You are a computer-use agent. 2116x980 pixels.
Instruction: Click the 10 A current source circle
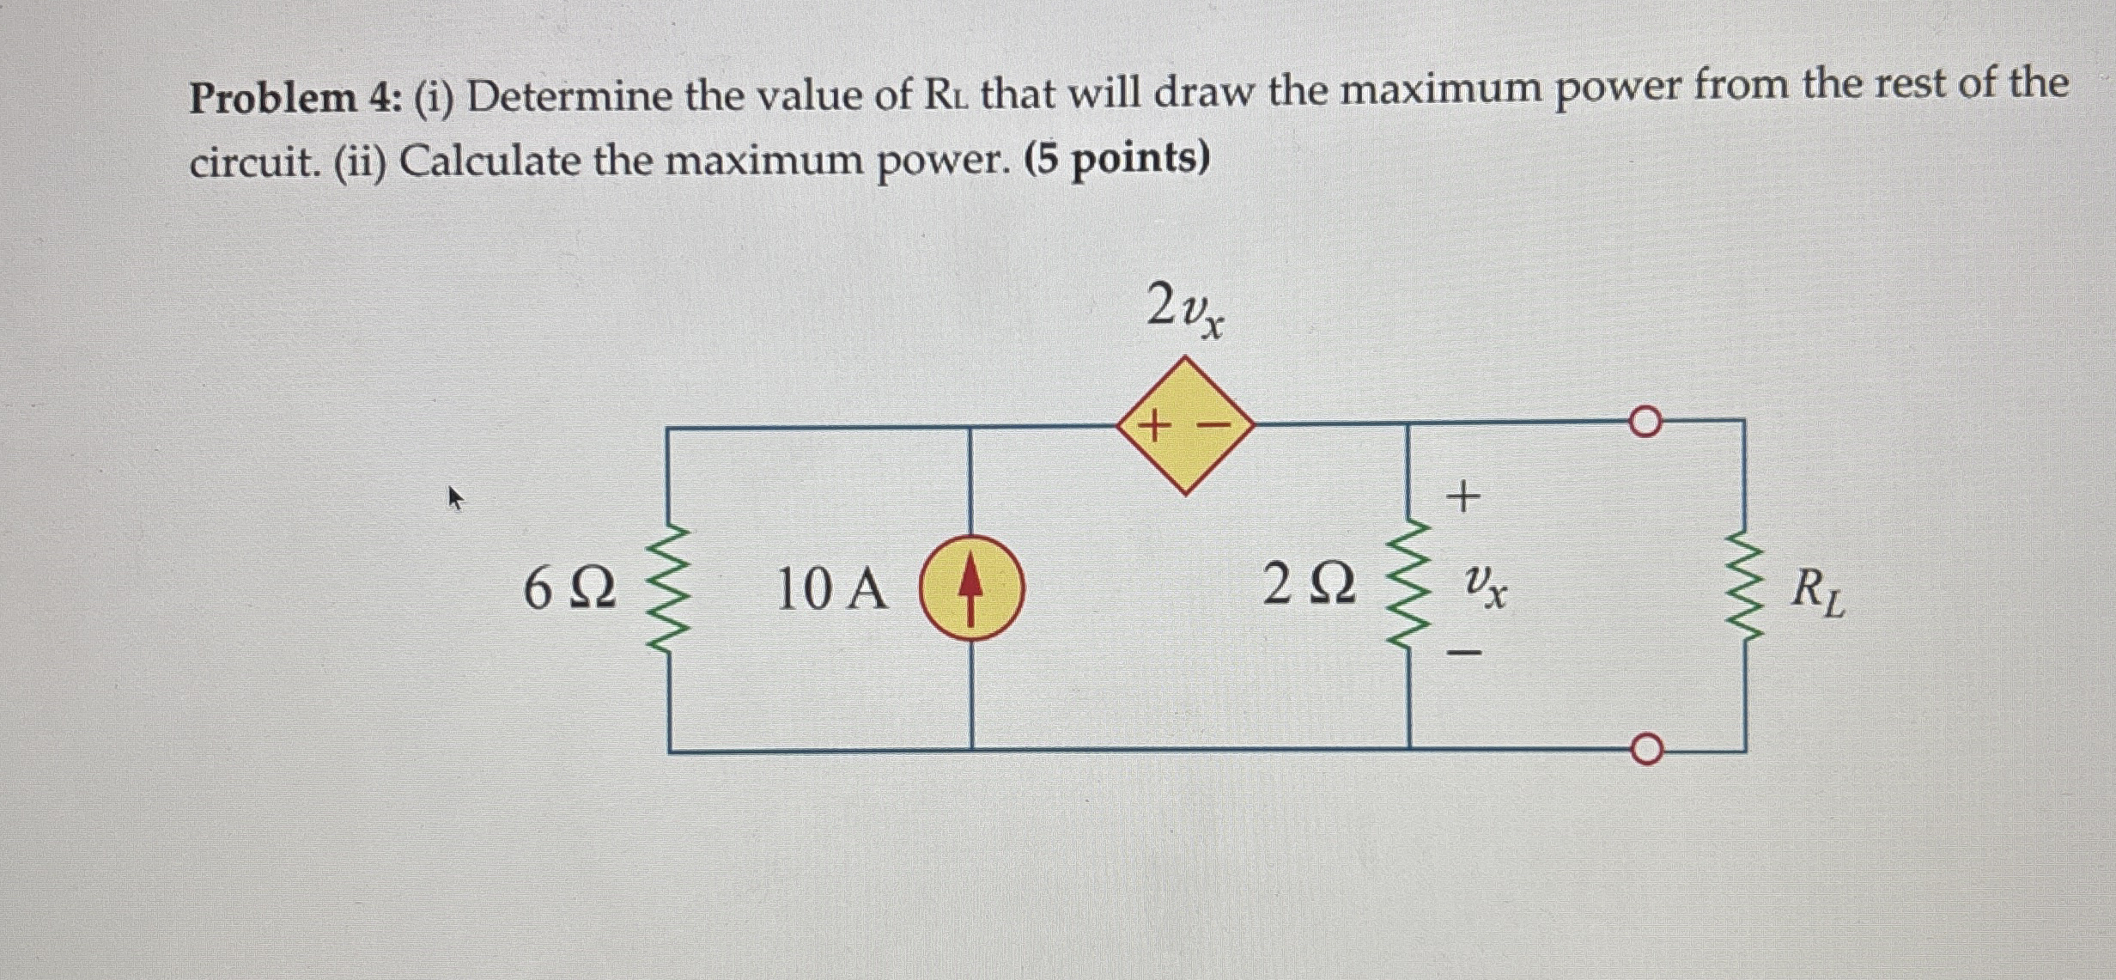(971, 587)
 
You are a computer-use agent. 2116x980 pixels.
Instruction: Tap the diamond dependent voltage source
(1185, 425)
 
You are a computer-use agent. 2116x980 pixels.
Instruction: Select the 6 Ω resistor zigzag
(672, 591)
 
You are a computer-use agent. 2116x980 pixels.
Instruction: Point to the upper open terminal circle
(1644, 423)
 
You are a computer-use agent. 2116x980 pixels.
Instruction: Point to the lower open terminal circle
(1644, 749)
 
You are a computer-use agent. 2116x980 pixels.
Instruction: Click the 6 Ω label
(569, 591)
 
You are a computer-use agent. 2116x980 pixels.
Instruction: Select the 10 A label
(831, 591)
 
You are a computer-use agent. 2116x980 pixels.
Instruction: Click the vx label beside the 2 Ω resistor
(1483, 587)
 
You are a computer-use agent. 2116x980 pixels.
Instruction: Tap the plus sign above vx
(1465, 496)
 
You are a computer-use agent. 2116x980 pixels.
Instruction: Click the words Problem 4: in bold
(290, 98)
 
